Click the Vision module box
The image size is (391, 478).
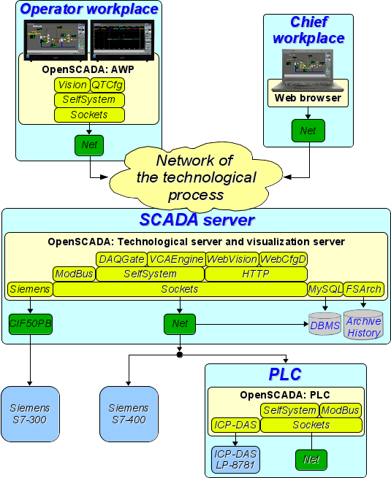(72, 85)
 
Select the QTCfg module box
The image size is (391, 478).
(107, 85)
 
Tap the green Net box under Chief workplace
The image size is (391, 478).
(308, 131)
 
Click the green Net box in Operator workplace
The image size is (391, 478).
(89, 145)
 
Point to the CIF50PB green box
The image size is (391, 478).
(31, 324)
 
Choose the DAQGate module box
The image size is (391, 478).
(121, 259)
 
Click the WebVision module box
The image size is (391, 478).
(232, 259)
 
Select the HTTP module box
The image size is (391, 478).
(256, 274)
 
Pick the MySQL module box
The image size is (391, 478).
(325, 289)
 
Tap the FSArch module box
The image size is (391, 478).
(364, 289)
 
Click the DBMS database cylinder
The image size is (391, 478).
(324, 324)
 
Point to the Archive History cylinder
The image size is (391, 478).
(363, 325)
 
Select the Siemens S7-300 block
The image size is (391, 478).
(30, 414)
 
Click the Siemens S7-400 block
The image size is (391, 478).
(129, 414)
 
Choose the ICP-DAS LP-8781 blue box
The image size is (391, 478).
(235, 460)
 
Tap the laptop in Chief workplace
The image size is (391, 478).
(308, 70)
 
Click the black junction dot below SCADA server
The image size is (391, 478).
(180, 355)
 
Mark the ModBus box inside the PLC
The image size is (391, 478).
(341, 410)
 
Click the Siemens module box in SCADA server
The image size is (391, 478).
(30, 289)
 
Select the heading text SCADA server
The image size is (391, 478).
(197, 220)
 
